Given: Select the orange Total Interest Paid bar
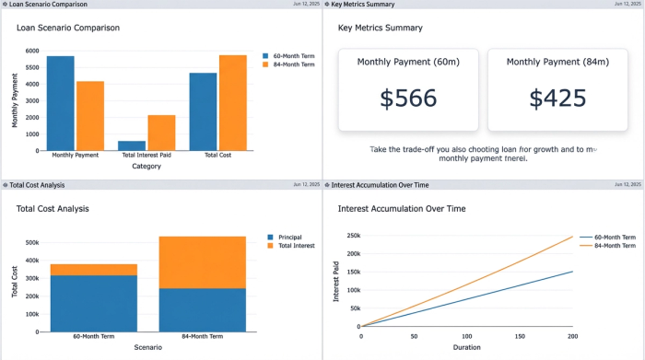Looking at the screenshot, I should [x=161, y=133].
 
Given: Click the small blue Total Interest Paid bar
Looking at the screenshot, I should [x=132, y=145].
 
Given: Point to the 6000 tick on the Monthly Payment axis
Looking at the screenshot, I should [x=32, y=52].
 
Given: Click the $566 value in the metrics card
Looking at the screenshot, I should [x=408, y=99].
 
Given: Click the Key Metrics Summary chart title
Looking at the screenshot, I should [x=381, y=28].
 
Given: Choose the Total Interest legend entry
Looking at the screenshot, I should [x=296, y=246].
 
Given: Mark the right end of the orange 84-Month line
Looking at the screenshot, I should [x=572, y=237].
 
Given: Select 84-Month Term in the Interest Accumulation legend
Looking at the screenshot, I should [x=614, y=246].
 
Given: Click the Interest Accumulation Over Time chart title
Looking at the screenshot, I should [x=402, y=209].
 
